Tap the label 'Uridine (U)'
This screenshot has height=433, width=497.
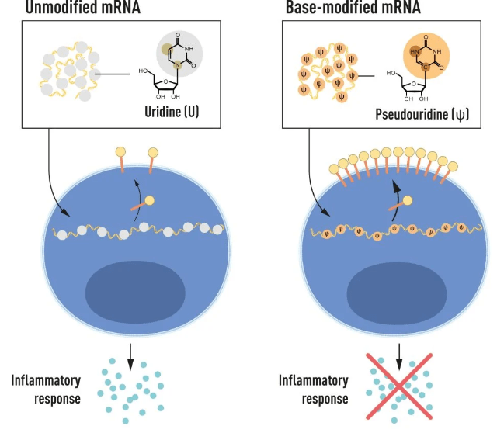point(178,110)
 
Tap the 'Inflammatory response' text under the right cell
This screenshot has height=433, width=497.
point(313,387)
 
